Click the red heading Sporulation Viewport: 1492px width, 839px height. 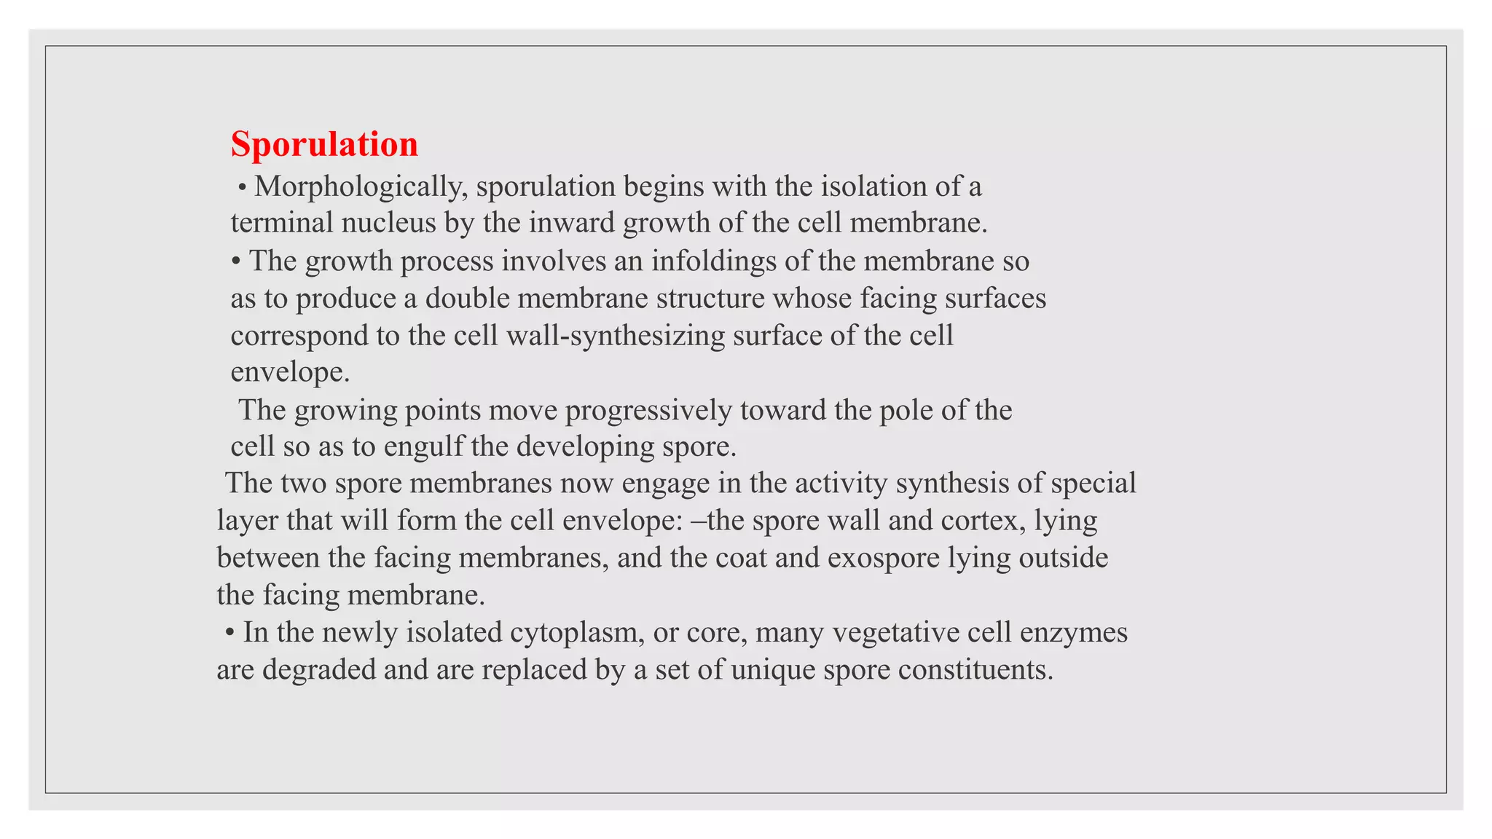324,144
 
